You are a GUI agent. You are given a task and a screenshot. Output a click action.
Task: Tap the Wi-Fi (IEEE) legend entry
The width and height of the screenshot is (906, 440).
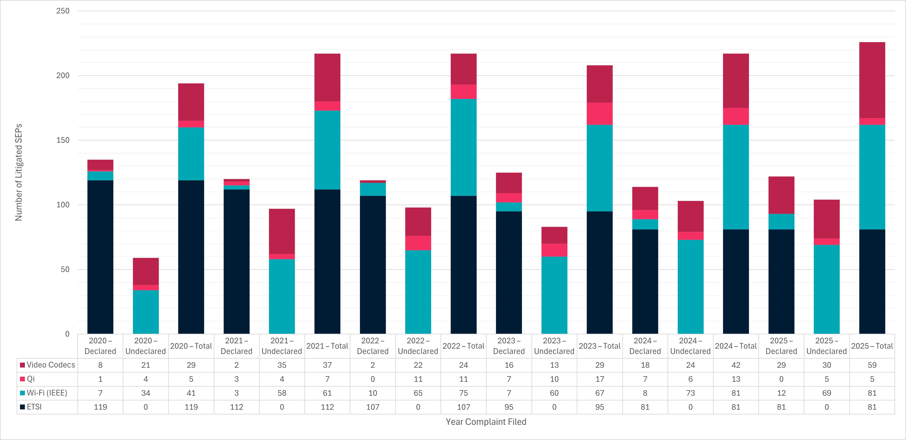click(44, 393)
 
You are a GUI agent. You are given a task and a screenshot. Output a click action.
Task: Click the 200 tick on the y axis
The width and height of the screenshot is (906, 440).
click(63, 75)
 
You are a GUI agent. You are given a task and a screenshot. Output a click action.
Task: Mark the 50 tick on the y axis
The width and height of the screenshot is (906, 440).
click(65, 269)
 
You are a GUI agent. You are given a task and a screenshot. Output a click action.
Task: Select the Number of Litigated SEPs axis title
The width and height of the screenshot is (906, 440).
click(19, 172)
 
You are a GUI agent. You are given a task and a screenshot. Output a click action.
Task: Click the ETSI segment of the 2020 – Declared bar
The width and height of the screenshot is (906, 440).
click(100, 257)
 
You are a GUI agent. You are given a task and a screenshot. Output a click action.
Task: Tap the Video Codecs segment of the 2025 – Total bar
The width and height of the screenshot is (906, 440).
click(872, 80)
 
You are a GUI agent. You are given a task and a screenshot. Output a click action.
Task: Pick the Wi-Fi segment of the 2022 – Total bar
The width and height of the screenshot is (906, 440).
click(464, 147)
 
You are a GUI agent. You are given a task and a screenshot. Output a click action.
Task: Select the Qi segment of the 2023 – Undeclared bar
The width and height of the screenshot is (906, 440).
click(554, 250)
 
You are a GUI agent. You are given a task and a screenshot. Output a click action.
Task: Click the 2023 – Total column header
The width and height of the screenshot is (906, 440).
click(600, 346)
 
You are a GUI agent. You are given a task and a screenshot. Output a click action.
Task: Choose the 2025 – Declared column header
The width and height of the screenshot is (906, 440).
click(781, 346)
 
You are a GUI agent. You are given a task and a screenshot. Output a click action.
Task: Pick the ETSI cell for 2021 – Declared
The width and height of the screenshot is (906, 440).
click(236, 407)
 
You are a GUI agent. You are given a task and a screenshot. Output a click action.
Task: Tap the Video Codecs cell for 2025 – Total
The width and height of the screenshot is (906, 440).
click(872, 365)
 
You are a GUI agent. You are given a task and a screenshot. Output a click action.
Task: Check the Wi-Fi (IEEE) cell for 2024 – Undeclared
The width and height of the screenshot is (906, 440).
click(690, 393)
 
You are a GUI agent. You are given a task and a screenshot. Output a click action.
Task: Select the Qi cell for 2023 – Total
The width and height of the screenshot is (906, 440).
click(600, 379)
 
